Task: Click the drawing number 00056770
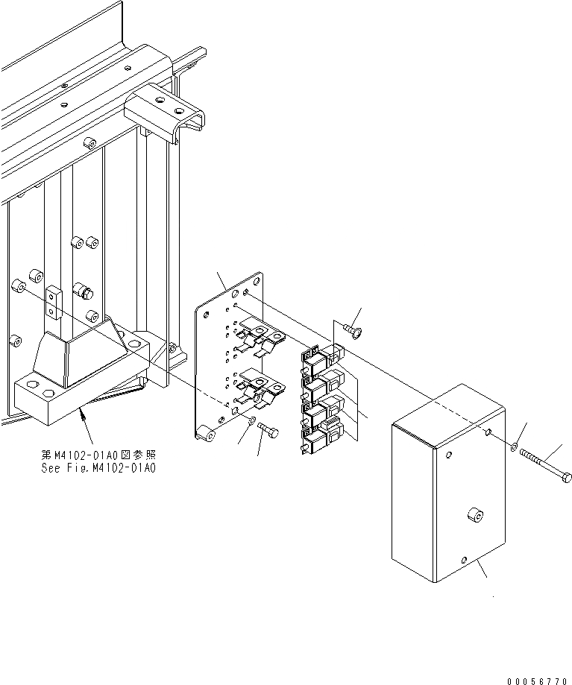click(537, 681)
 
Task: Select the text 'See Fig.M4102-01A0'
click(104, 468)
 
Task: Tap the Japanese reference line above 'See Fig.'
click(104, 455)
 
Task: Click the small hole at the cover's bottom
click(465, 560)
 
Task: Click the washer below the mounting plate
click(251, 422)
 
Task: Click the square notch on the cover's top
click(485, 432)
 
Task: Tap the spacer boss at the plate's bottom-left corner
click(202, 433)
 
